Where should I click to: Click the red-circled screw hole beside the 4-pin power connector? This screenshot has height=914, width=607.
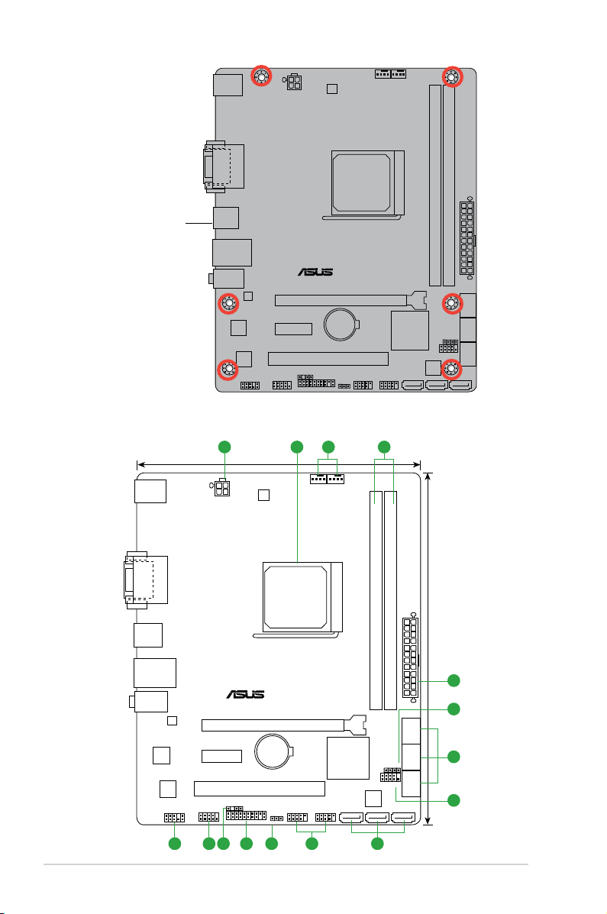click(261, 76)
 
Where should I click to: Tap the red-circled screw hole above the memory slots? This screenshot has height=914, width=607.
click(452, 76)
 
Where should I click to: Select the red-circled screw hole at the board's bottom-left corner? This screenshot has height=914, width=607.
click(228, 369)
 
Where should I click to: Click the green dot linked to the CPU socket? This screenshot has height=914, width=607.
click(297, 447)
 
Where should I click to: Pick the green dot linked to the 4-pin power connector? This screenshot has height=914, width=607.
click(224, 447)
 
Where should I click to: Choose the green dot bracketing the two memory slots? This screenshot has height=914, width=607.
click(384, 447)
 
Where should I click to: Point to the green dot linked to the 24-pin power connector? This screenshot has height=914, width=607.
click(454, 680)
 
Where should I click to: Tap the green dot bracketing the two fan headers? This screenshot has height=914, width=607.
click(328, 447)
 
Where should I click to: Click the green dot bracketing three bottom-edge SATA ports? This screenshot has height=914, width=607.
click(377, 843)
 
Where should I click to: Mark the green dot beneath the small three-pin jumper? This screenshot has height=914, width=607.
click(272, 843)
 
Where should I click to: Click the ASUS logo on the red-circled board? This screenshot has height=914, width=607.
click(315, 272)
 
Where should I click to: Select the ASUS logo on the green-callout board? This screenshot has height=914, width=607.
click(246, 694)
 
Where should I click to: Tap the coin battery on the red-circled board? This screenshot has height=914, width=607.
click(341, 324)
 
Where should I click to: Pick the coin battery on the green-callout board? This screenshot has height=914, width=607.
click(272, 751)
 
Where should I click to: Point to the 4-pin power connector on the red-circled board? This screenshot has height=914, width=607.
click(294, 82)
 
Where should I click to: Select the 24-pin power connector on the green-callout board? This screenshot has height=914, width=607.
click(411, 657)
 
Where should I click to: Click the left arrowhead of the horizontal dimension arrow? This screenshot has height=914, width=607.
click(140, 464)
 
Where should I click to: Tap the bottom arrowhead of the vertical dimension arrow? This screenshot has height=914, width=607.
click(428, 822)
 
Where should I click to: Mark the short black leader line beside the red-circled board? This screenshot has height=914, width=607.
click(199, 223)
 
